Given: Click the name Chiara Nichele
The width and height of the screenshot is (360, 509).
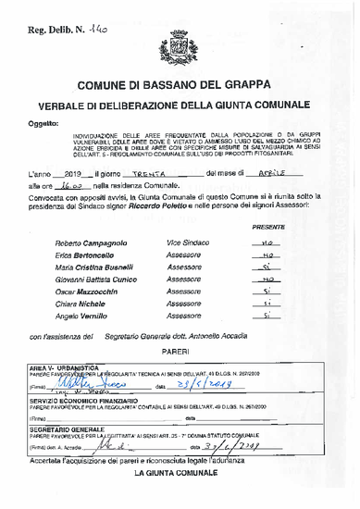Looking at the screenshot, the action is click(78, 303).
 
